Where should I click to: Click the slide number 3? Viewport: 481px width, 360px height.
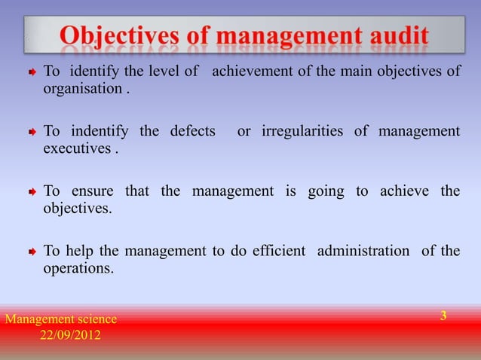tap(444, 316)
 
